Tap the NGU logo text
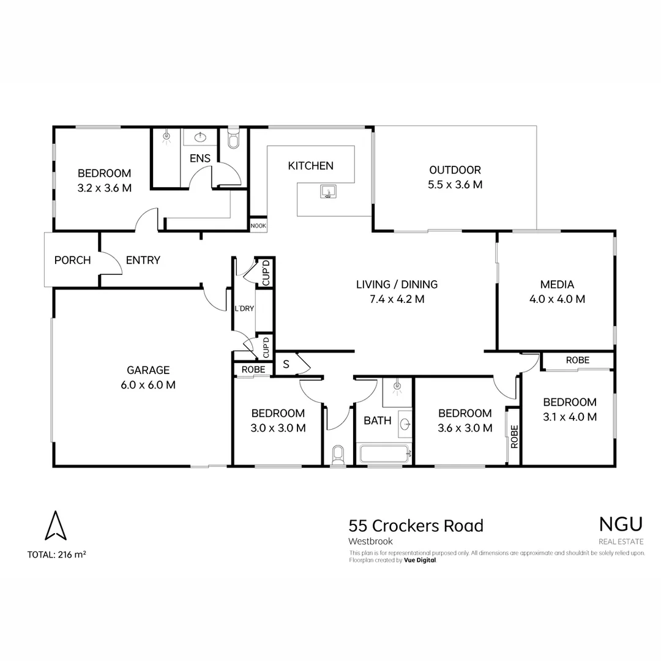[x=621, y=524]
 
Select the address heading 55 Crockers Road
[x=416, y=526]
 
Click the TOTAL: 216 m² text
[x=56, y=555]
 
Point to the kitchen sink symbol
[x=328, y=192]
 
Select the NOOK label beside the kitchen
[x=258, y=225]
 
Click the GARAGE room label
[x=148, y=370]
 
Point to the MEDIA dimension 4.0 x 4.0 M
[x=557, y=299]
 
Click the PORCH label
[x=72, y=260]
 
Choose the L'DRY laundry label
[x=244, y=308]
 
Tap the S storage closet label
[x=286, y=364]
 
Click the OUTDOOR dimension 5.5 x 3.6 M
[x=455, y=184]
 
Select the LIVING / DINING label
[x=397, y=284]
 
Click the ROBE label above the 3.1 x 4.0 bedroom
[x=577, y=360]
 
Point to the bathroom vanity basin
[x=405, y=422]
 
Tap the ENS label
[x=200, y=159]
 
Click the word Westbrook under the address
[x=370, y=541]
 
